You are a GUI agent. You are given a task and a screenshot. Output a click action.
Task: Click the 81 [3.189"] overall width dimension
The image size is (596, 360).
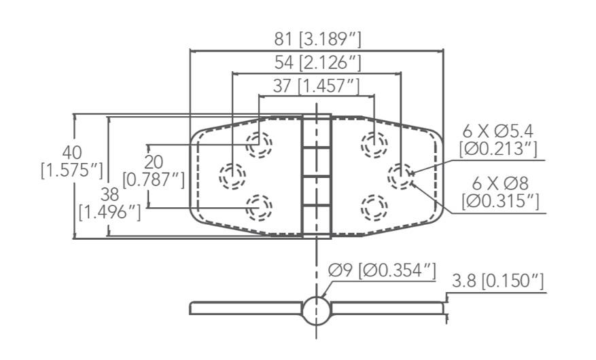316,39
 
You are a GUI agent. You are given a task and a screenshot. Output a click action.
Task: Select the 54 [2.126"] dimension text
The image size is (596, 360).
316,63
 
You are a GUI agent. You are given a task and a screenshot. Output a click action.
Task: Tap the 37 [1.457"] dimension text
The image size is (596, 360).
316,86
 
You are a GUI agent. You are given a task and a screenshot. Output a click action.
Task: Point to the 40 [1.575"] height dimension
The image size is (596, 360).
71,160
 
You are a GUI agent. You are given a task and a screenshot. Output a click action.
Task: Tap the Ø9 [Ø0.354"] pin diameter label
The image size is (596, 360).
381,270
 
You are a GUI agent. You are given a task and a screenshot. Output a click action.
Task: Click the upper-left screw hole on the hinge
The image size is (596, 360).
258,144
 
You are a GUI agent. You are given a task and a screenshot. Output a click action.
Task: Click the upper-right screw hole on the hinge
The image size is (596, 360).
373,144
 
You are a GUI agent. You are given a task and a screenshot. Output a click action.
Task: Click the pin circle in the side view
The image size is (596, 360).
316,310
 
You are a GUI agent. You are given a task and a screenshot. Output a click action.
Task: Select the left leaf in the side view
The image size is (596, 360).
245,308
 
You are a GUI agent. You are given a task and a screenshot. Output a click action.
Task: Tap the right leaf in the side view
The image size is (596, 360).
387,308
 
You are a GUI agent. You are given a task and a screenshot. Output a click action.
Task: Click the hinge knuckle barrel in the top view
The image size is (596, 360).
316,175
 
